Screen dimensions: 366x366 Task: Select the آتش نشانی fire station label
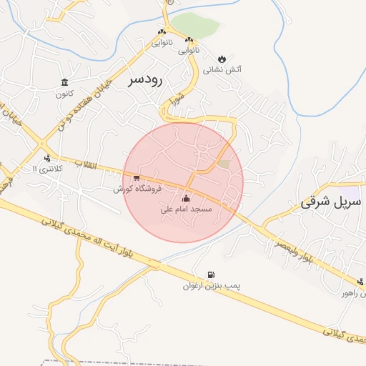[222, 70]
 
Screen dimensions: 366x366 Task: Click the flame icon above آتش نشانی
[222, 58]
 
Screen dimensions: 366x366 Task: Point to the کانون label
[64, 94]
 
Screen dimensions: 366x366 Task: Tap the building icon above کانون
[65, 81]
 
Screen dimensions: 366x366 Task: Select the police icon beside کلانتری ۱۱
[47, 158]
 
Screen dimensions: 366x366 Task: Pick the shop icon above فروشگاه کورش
[137, 177]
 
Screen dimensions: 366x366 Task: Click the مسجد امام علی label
[186, 209]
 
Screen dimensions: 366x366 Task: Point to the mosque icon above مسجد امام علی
[187, 198]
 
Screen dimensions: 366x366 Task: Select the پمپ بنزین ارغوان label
[212, 286]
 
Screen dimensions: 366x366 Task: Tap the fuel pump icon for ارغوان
[210, 274]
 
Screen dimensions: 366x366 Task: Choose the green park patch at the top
[195, 26]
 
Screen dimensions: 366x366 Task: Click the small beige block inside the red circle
[224, 164]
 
